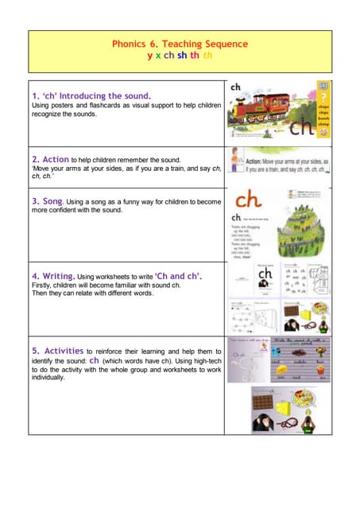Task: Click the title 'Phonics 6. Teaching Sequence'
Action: (x=180, y=45)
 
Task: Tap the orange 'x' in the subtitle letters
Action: (x=158, y=56)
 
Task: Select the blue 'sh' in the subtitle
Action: (x=182, y=56)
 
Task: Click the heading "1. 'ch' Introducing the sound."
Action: (x=90, y=95)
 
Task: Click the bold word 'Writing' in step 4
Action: (x=73, y=275)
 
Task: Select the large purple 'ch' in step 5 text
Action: (x=95, y=359)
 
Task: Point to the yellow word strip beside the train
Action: (x=323, y=111)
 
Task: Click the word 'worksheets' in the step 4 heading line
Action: (x=130, y=276)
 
